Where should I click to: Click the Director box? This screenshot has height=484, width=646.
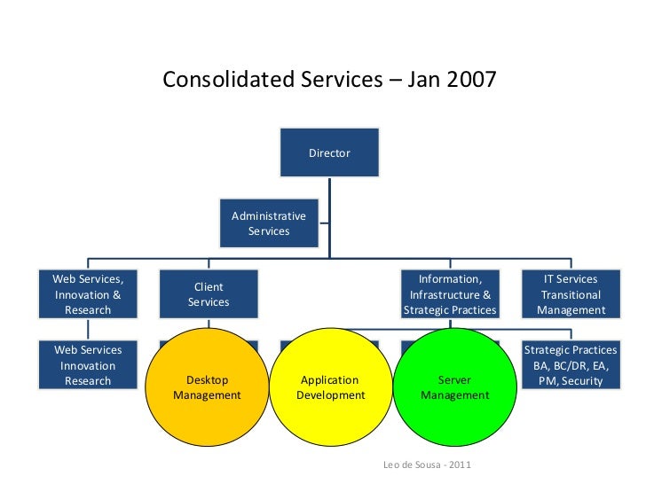pyautogui.click(x=329, y=153)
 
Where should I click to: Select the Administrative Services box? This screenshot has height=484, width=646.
pyautogui.click(x=269, y=223)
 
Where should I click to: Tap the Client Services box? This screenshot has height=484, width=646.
pyautogui.click(x=209, y=294)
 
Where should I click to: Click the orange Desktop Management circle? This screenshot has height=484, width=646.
pyautogui.click(x=207, y=387)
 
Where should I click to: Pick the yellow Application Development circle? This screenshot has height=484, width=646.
pyautogui.click(x=330, y=387)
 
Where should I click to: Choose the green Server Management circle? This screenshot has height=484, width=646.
pyautogui.click(x=454, y=387)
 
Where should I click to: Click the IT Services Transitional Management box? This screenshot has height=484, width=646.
pyautogui.click(x=571, y=294)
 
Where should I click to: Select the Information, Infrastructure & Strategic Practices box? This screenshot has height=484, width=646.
pyautogui.click(x=450, y=294)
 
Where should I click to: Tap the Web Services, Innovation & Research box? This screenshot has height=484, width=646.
pyautogui.click(x=88, y=294)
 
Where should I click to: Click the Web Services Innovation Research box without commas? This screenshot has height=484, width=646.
pyautogui.click(x=88, y=365)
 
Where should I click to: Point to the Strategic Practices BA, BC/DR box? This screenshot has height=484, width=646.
pyautogui.click(x=571, y=365)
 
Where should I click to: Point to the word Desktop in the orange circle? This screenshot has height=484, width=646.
pyautogui.click(x=207, y=380)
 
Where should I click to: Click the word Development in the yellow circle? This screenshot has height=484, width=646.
pyautogui.click(x=330, y=395)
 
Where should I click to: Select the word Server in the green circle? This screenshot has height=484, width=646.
pyautogui.click(x=454, y=380)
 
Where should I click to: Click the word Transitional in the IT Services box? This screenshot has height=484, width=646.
pyautogui.click(x=571, y=295)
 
